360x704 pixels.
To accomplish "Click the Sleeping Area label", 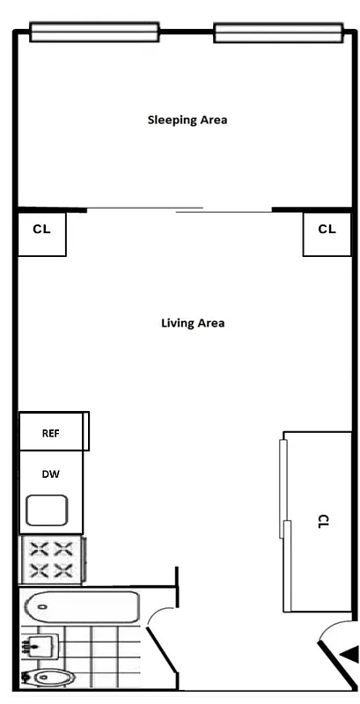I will [x=187, y=120].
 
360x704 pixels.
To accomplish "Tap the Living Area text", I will [x=193, y=323].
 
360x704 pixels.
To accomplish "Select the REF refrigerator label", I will [x=50, y=433].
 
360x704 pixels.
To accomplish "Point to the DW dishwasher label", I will [x=51, y=474].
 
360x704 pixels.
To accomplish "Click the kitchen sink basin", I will [x=48, y=511].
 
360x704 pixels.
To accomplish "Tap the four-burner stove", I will [x=51, y=560].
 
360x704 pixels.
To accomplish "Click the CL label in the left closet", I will [x=41, y=229].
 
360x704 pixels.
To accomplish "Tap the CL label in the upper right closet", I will [x=327, y=229].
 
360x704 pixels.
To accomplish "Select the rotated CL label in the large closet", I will [x=320, y=521].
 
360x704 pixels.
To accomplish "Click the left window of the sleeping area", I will [x=94, y=33].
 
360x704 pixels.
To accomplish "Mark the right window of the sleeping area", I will [x=278, y=33].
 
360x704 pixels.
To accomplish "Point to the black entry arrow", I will [x=349, y=654].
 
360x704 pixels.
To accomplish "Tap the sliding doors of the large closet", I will [x=284, y=524].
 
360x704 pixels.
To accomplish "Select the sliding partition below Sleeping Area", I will [x=180, y=209].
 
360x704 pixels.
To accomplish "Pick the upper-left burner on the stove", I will [x=39, y=550].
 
